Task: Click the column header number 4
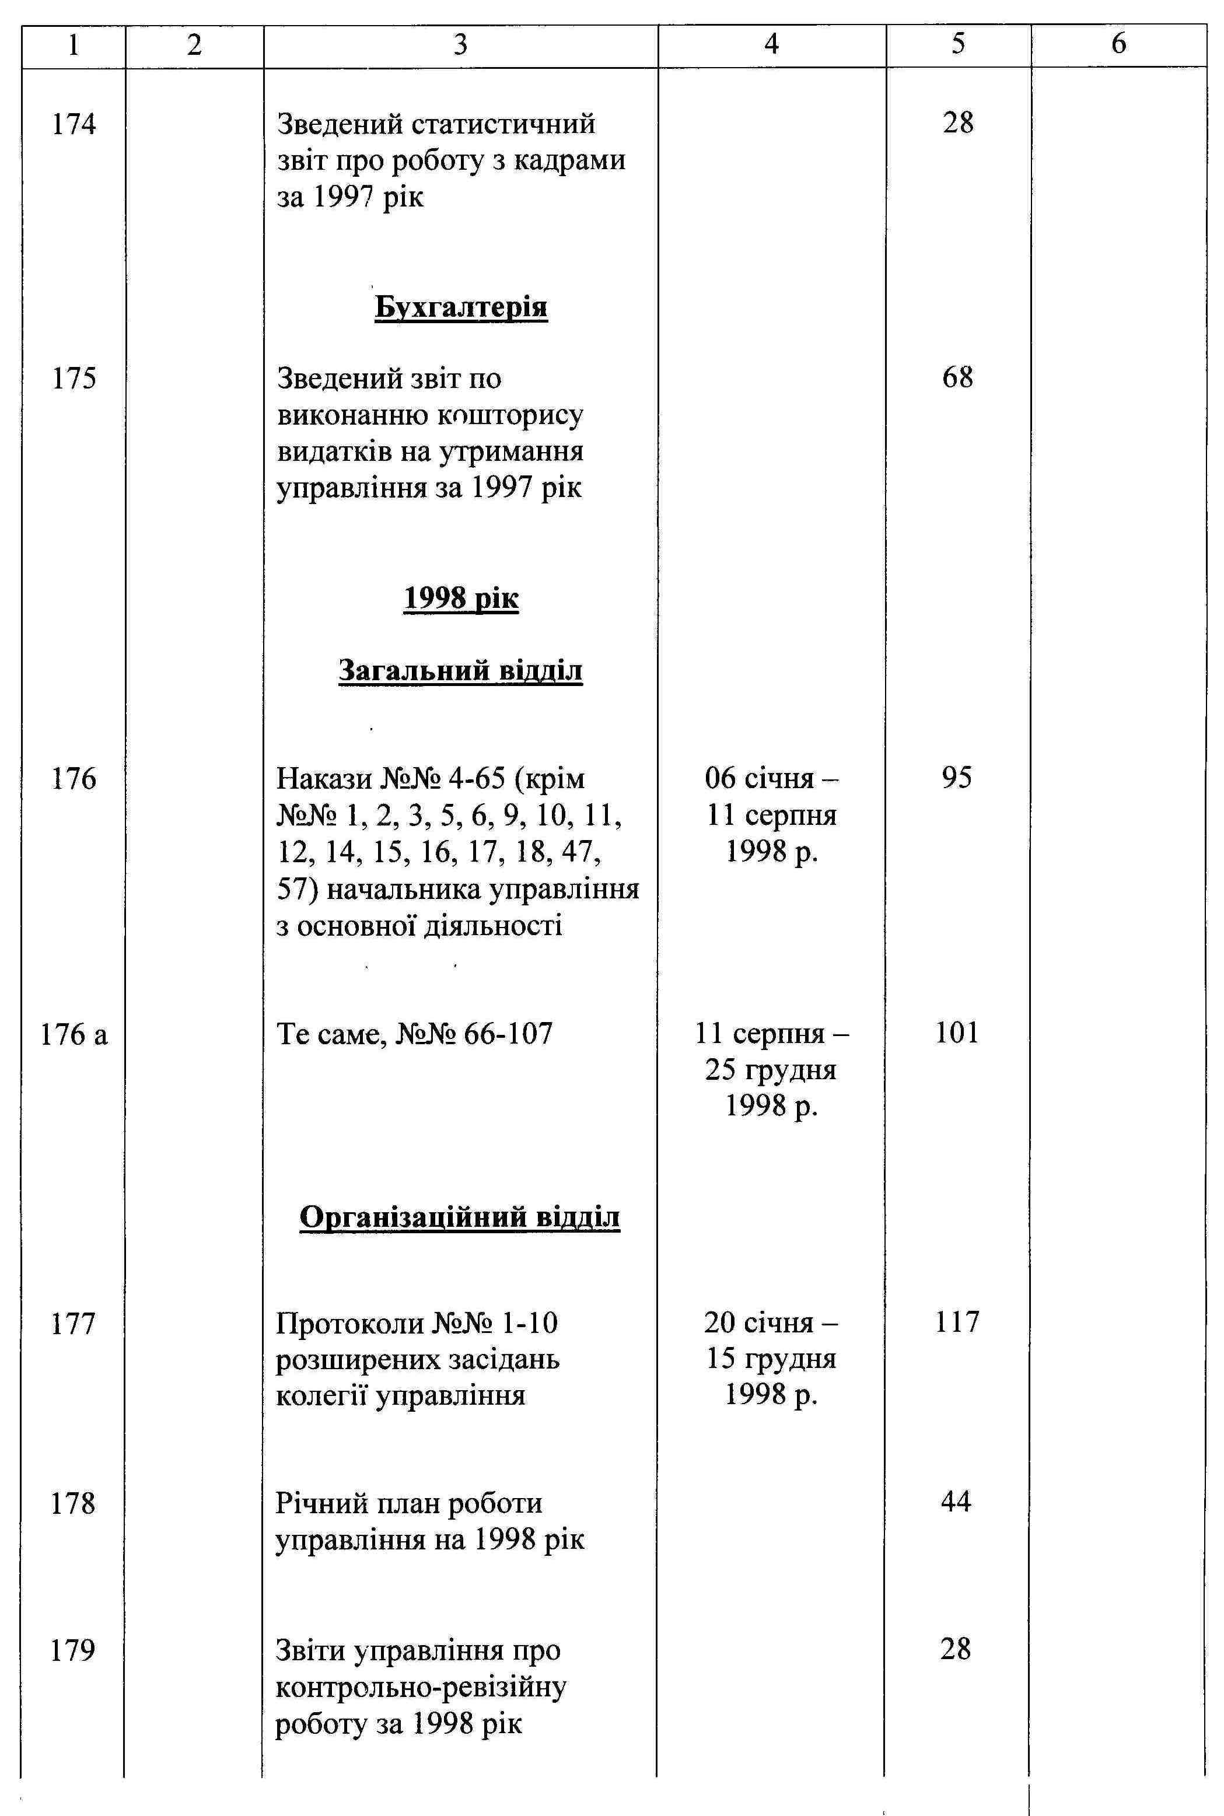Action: pos(771,44)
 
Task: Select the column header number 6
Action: pos(1118,44)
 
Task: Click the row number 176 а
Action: pos(74,1035)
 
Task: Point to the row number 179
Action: pos(72,1650)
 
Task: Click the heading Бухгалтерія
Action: pos(460,307)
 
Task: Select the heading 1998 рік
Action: pos(460,599)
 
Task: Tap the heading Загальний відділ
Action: pos(460,670)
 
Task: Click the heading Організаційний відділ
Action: pos(460,1217)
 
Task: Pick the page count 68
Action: pos(958,377)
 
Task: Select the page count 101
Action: pos(957,1033)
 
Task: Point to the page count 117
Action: pos(957,1322)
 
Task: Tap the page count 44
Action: pos(956,1502)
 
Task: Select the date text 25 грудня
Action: pos(771,1069)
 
